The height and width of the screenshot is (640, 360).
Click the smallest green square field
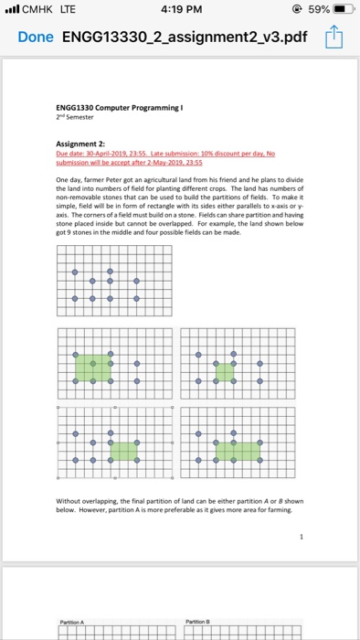[224, 371]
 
